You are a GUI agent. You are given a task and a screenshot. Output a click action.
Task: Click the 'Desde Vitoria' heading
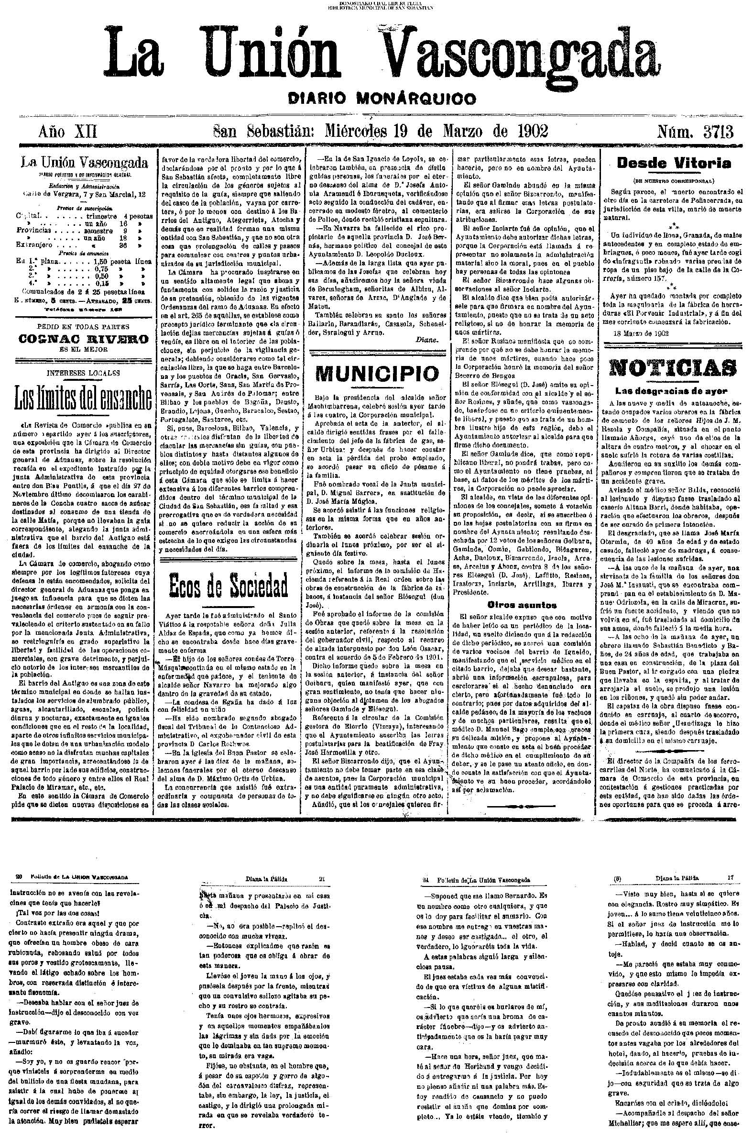point(674,163)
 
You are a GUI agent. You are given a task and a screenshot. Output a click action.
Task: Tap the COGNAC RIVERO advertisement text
point(83,339)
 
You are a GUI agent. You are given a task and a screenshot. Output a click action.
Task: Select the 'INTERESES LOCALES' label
point(84,372)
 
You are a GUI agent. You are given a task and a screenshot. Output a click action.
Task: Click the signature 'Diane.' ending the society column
point(426,340)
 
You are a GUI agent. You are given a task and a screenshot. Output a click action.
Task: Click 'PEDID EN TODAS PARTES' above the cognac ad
point(84,327)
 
